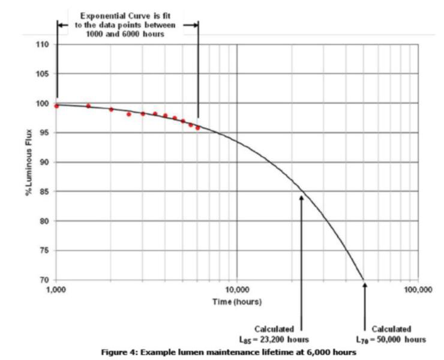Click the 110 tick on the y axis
[44, 44]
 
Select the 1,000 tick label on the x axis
[55, 290]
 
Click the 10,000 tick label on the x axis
[236, 290]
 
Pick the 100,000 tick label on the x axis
[417, 290]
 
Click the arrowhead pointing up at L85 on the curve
[302, 196]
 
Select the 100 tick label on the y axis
[44, 103]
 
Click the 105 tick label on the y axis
[44, 74]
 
